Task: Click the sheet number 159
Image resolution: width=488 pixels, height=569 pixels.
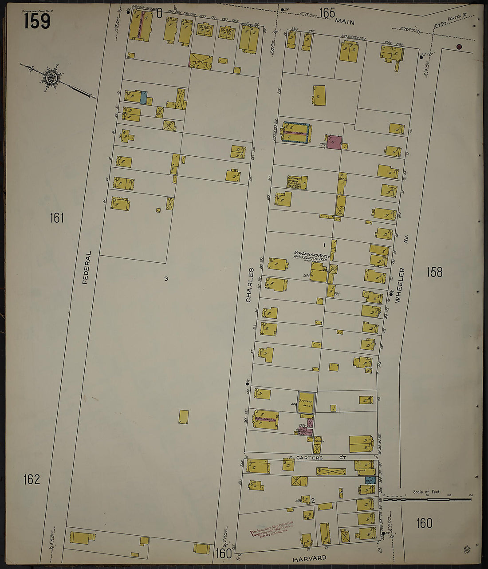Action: [37, 21]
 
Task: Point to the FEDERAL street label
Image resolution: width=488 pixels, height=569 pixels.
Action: [88, 267]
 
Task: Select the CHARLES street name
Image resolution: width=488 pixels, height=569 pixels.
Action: [250, 285]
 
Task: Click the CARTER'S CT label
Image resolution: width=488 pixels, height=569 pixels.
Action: [322, 458]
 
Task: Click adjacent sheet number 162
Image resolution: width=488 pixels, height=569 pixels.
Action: [31, 479]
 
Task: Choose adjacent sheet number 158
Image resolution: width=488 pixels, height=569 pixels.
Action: [434, 272]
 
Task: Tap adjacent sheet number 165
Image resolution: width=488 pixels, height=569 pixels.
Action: [327, 13]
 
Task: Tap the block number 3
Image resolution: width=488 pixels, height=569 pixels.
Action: [166, 279]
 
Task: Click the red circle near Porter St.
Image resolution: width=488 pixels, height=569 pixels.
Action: [459, 47]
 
